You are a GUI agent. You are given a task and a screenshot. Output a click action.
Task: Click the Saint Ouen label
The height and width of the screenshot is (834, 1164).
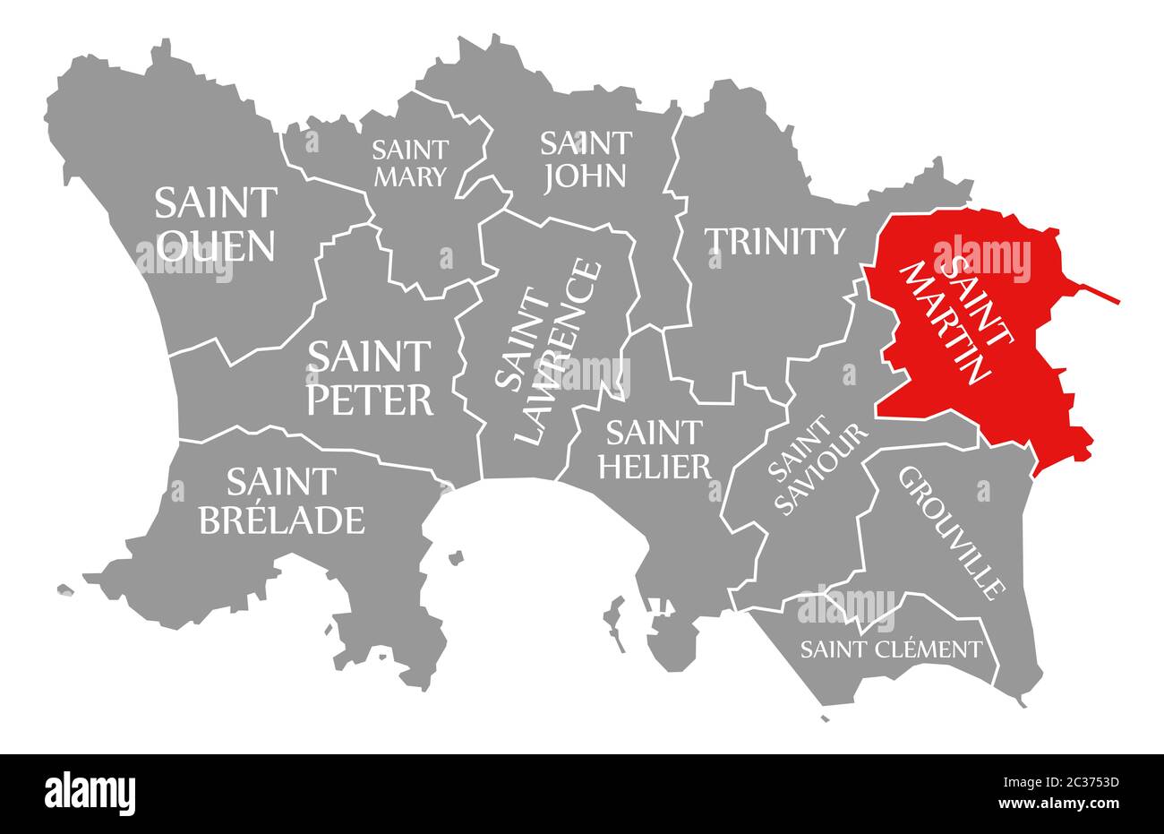point(216,224)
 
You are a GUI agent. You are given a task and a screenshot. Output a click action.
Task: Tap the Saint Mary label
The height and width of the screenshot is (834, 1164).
point(410,162)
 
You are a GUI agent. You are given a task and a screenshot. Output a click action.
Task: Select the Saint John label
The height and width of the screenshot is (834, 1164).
point(585,159)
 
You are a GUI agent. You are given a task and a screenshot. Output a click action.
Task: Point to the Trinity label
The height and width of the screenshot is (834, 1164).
point(775,240)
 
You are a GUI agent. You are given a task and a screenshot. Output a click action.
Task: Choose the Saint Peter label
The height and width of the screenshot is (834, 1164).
point(370,378)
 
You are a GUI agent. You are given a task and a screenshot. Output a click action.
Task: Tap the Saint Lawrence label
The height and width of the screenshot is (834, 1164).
point(547,352)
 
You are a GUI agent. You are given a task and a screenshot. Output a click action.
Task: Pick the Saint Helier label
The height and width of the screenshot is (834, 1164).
point(657,449)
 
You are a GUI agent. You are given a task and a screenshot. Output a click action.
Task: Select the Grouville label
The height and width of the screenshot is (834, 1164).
point(950,532)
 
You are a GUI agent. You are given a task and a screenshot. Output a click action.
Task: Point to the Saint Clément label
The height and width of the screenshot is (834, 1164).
point(891,649)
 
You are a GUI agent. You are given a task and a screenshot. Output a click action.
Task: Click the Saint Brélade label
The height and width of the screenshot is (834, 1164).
point(281,501)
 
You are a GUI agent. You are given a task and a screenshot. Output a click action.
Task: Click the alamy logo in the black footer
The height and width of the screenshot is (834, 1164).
point(90,793)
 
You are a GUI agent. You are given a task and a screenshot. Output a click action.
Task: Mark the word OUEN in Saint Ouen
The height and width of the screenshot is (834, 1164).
point(216,245)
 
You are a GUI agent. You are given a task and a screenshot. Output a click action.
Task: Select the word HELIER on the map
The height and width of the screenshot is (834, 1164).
point(657,466)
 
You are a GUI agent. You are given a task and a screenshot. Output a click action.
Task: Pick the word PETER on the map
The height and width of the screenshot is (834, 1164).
point(370,400)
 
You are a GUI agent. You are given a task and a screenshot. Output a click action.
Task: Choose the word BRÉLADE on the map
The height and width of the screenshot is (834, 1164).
point(281,520)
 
